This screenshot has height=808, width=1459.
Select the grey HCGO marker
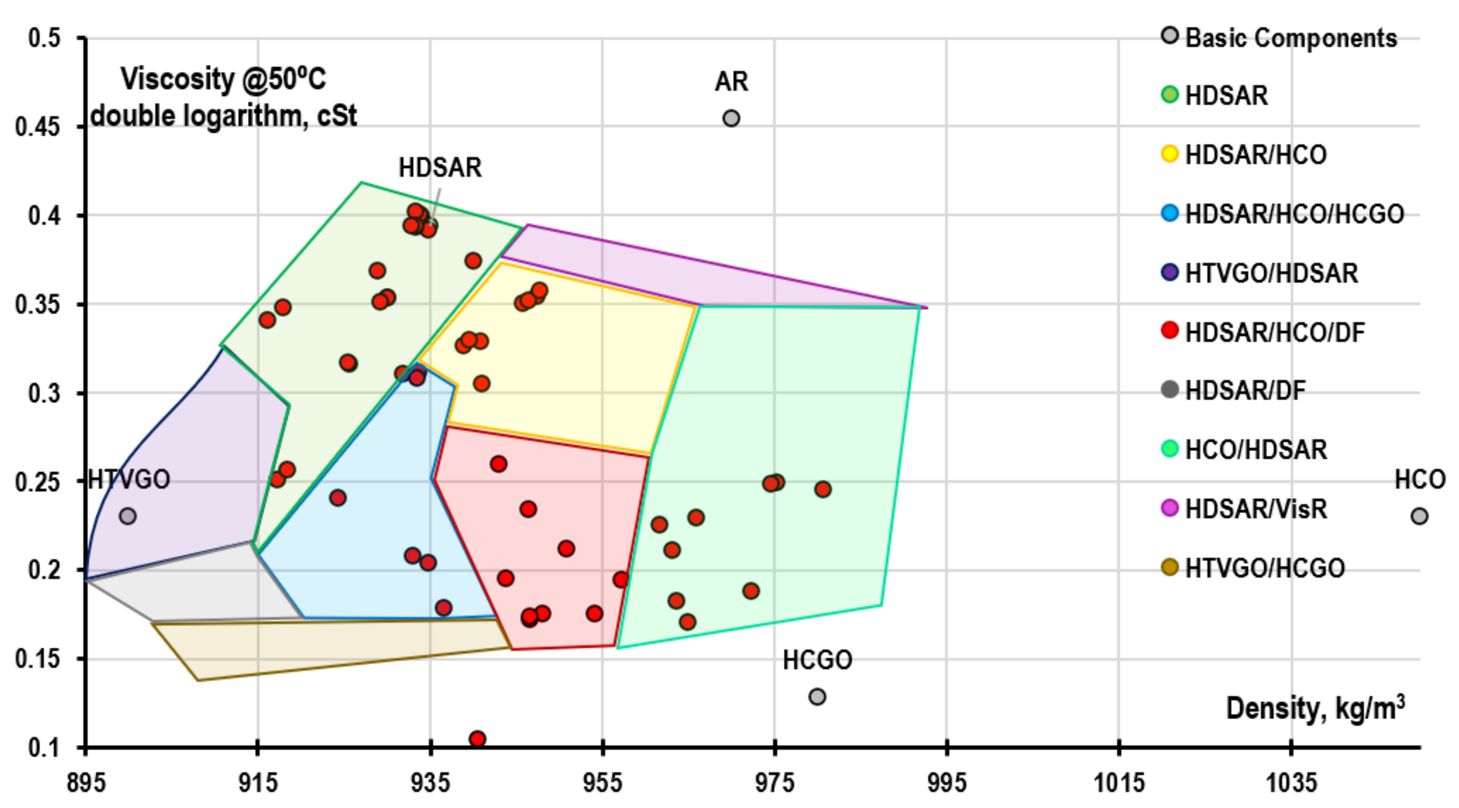[x=816, y=696]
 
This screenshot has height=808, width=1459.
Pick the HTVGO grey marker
[x=127, y=516]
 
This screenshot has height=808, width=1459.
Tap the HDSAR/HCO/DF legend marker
[x=1170, y=330]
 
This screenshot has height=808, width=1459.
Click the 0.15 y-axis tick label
[x=37, y=659]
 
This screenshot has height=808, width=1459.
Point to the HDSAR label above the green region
[x=440, y=168]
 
